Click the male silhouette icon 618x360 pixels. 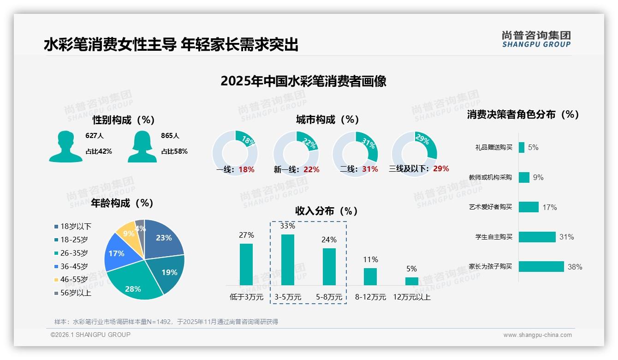coord(66,146)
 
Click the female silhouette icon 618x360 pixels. coord(142,146)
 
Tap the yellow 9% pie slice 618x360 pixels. coord(125,234)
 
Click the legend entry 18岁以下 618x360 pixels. coord(73,226)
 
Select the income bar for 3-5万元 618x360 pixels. coord(288,260)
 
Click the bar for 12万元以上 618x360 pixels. coord(412,281)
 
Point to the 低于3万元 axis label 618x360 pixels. coord(246,297)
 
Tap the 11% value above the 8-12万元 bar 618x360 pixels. coord(370,260)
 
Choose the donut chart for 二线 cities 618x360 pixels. coord(355,153)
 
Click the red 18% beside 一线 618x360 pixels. coord(246,169)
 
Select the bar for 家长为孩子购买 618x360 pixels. coord(541,267)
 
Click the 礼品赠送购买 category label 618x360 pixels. coord(493,148)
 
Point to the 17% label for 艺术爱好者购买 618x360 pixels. coord(549,208)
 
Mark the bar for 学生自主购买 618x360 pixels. coord(537,237)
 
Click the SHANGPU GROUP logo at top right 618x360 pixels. coord(536,39)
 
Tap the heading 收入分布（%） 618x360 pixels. coord(327,211)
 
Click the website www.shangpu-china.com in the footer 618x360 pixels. coord(537,335)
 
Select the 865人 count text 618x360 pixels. coord(170,136)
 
